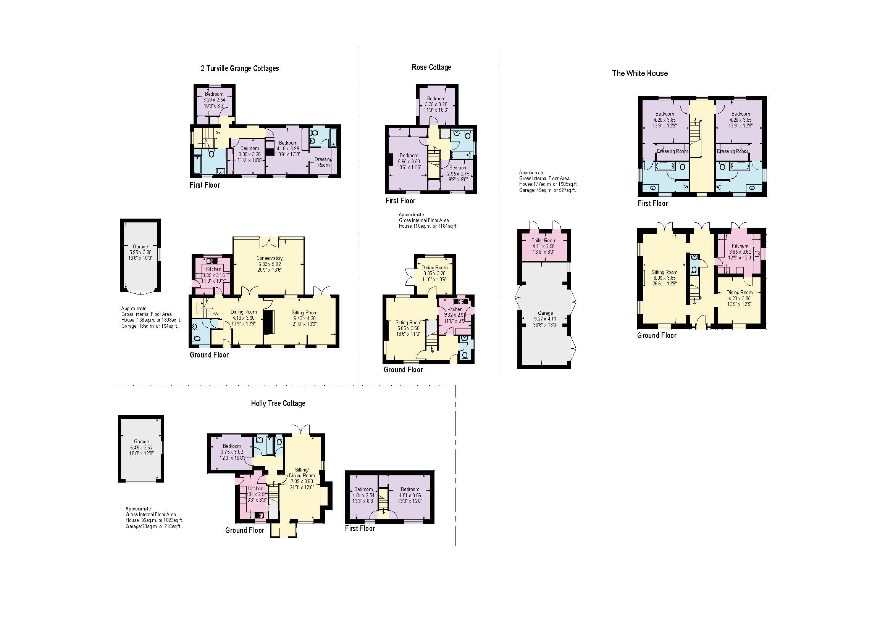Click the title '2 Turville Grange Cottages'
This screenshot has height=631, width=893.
(240, 68)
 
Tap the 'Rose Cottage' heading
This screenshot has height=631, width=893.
(431, 67)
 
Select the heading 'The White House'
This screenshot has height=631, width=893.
(640, 73)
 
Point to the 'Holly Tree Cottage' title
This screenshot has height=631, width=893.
(278, 403)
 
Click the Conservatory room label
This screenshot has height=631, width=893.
(270, 258)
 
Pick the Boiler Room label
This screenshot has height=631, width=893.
(544, 240)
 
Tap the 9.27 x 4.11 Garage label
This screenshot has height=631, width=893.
(545, 319)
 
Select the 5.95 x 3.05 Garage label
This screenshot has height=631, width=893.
(140, 252)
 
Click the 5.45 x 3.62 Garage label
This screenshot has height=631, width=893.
(142, 447)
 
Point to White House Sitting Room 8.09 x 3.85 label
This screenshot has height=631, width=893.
(664, 278)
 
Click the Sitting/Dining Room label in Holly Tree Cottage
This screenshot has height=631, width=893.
(302, 478)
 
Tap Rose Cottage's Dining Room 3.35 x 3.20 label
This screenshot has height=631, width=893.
(434, 273)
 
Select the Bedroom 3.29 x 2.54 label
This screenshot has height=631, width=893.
(214, 100)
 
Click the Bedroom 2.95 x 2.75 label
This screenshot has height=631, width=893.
(458, 173)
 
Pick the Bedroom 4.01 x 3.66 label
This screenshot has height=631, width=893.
(410, 495)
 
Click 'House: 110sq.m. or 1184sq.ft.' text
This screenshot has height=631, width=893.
(428, 226)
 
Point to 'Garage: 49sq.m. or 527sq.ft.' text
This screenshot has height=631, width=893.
(547, 190)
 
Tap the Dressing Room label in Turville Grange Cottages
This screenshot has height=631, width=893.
(323, 162)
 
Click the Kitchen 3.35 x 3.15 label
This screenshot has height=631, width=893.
(213, 275)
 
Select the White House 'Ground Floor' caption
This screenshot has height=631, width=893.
(657, 335)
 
